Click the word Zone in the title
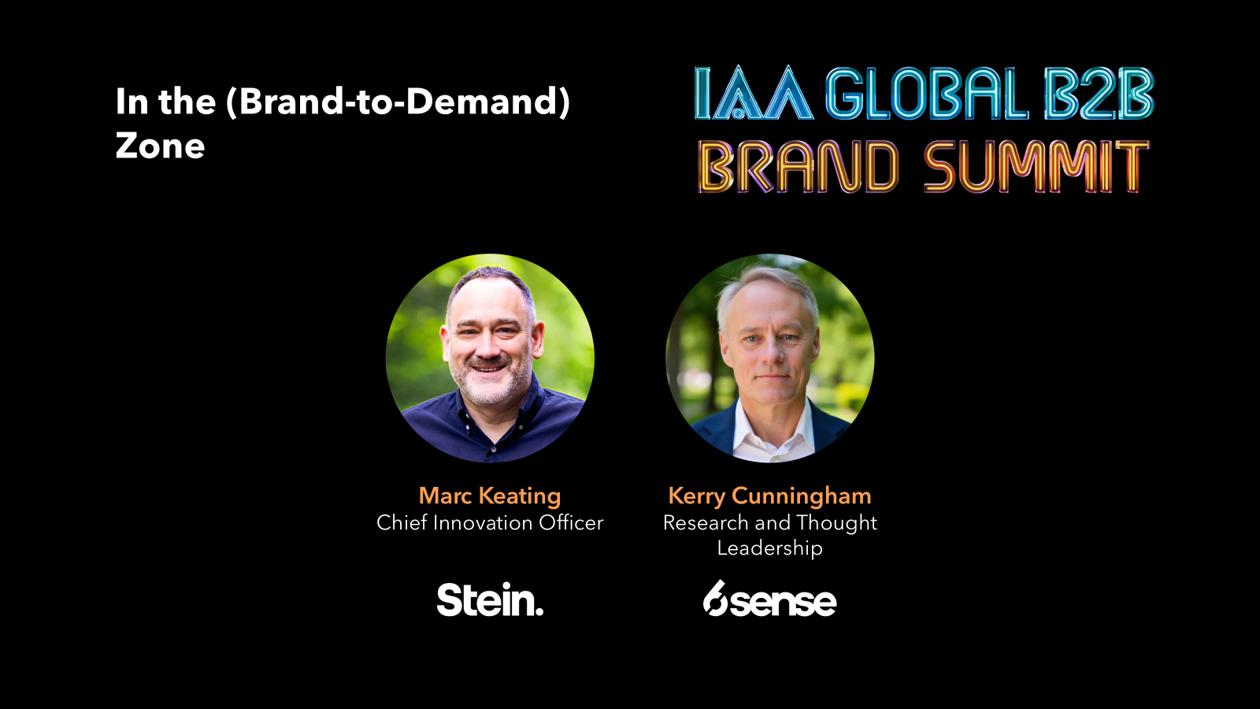[160, 147]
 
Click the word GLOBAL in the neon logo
[926, 95]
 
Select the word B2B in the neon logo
[1098, 95]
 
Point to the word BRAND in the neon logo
[798, 167]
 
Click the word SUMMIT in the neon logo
[1036, 167]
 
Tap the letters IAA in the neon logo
[753, 95]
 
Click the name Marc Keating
[490, 496]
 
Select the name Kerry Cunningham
[769, 496]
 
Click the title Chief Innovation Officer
[490, 522]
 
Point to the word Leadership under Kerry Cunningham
[769, 548]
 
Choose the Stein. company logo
[490, 600]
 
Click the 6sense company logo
[769, 600]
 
